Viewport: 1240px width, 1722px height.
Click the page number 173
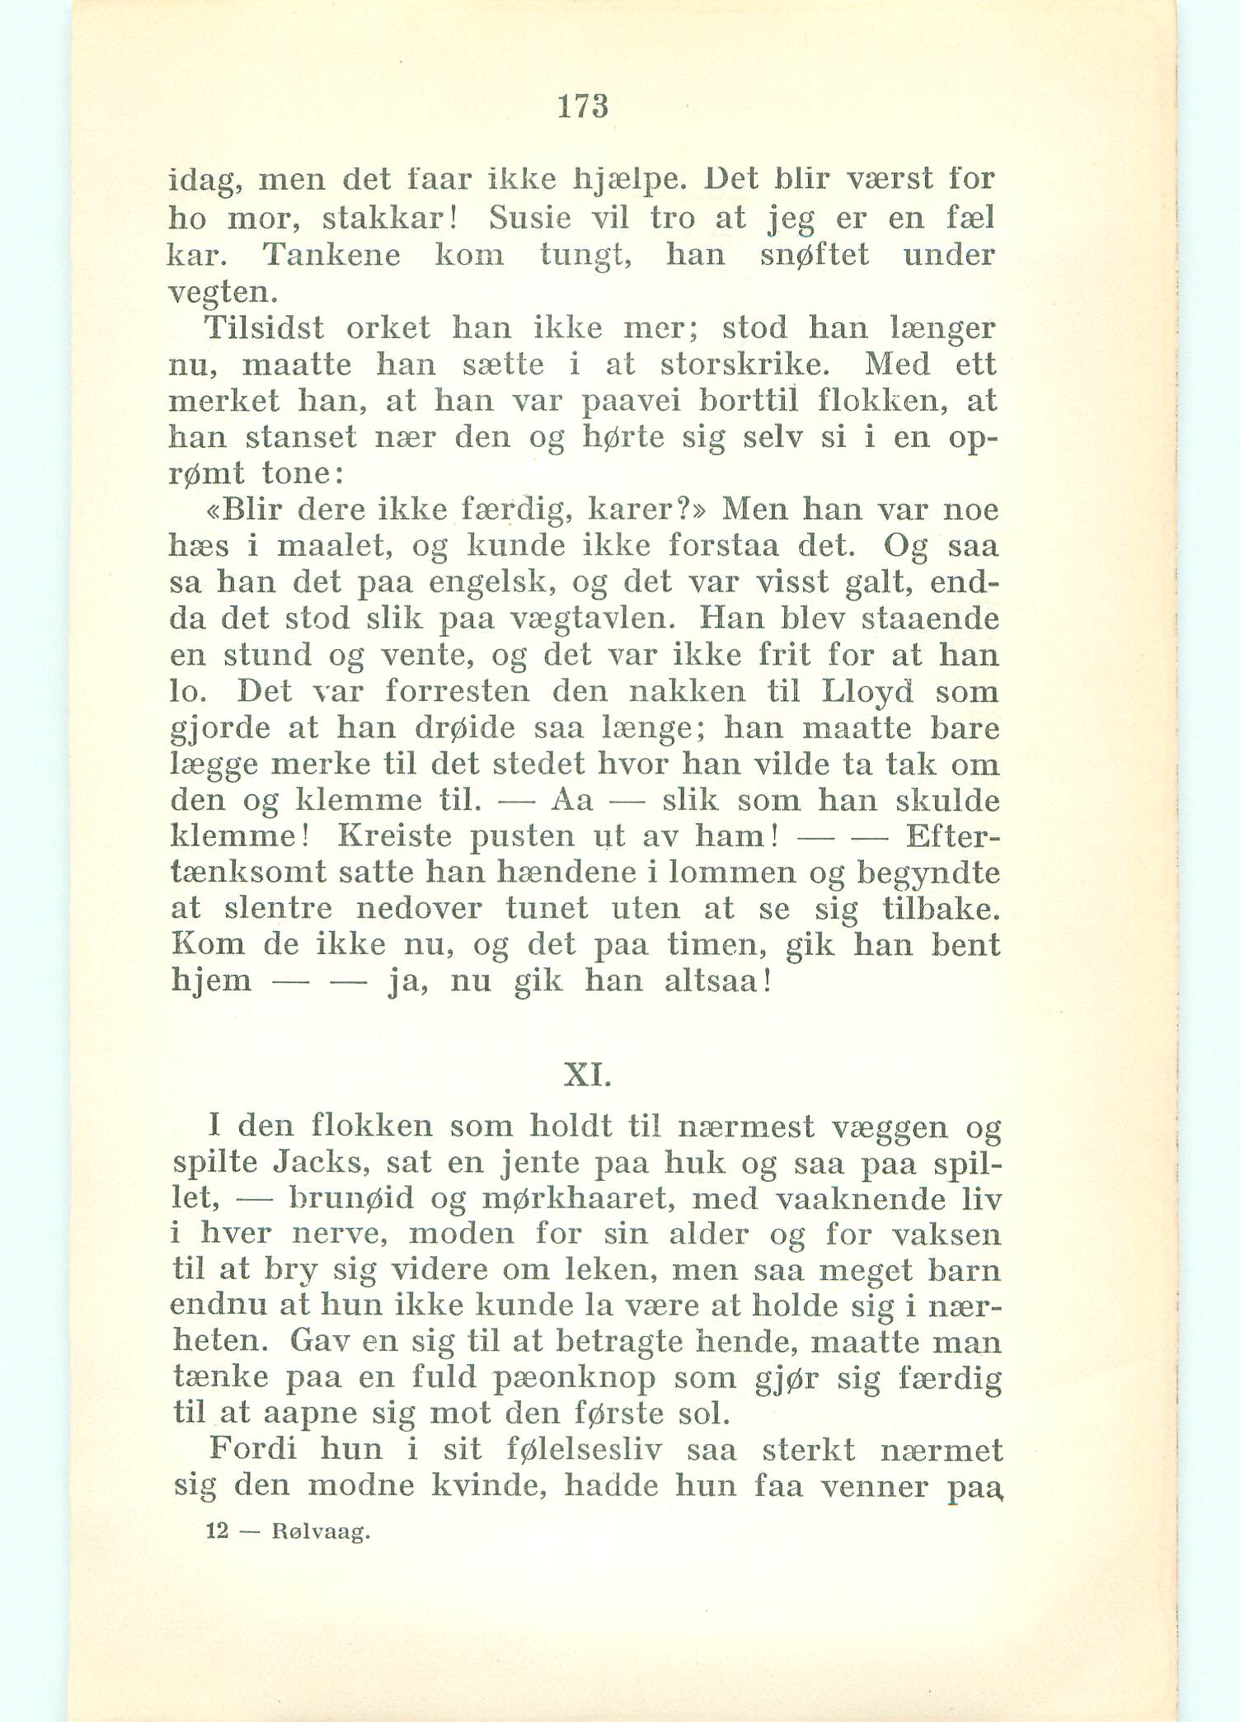pyautogui.click(x=583, y=107)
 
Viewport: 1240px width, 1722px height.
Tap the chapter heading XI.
pyautogui.click(x=586, y=1075)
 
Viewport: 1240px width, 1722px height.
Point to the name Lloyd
pyautogui.click(x=867, y=691)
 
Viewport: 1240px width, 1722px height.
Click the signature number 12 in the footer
pyautogui.click(x=217, y=1531)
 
